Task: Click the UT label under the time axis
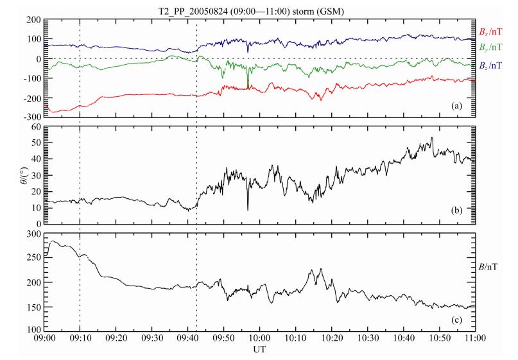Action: click(x=260, y=352)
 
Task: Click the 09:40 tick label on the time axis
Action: click(x=187, y=340)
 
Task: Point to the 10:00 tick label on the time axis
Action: click(x=259, y=340)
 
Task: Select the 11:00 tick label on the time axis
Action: click(x=474, y=340)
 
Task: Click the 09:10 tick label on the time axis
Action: click(x=80, y=340)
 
